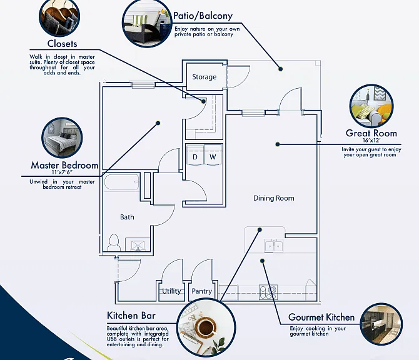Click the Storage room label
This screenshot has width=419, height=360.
tap(204, 77)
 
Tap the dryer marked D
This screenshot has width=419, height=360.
tap(194, 155)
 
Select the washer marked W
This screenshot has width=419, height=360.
tap(213, 155)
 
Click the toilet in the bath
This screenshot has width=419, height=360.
tap(114, 242)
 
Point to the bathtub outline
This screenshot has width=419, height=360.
tap(122, 182)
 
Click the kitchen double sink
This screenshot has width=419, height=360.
tap(274, 246)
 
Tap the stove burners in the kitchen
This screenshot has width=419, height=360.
tap(268, 292)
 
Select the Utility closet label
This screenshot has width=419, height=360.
tap(171, 291)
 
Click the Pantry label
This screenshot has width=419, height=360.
tap(202, 291)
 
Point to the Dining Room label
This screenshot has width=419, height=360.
tap(274, 198)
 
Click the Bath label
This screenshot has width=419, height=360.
tap(127, 217)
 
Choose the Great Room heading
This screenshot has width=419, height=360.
tap(371, 133)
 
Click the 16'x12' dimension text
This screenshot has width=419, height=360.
tap(371, 140)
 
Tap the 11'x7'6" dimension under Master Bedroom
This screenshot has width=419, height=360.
tap(63, 172)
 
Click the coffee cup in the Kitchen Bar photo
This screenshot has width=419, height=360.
tap(205, 326)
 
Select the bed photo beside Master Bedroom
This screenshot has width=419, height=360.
tap(62, 137)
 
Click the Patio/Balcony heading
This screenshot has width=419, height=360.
tap(203, 16)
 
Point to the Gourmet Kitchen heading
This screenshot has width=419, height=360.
tap(321, 317)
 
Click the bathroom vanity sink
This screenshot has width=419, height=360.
tap(138, 246)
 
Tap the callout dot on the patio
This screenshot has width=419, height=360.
tap(281, 69)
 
